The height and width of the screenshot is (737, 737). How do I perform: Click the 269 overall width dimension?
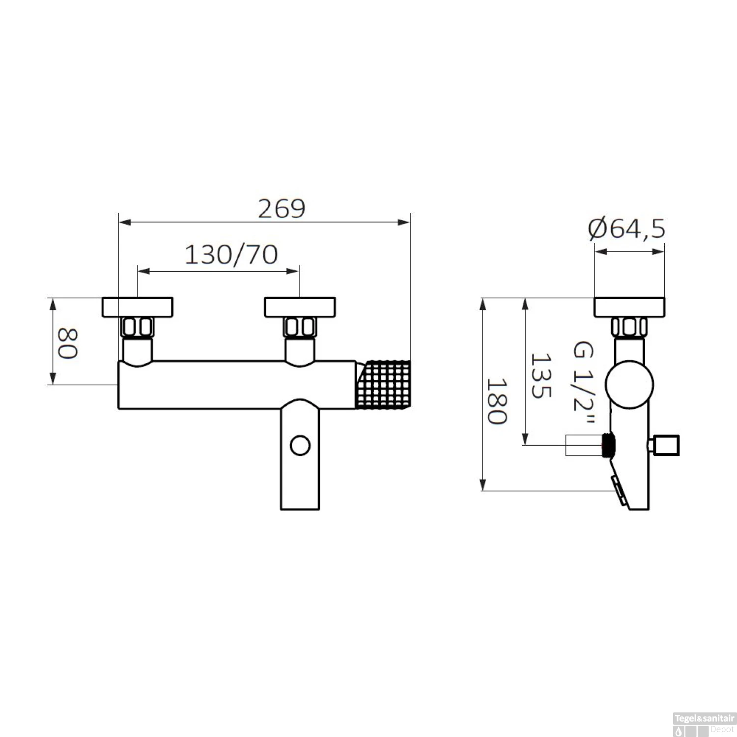pos(282,209)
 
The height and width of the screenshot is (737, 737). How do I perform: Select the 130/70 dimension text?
pos(231,255)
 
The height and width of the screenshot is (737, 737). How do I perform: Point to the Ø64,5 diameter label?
pos(627,229)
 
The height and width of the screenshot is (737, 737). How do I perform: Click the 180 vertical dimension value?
pos(496,401)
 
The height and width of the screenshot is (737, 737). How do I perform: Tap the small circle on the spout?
pos(300,446)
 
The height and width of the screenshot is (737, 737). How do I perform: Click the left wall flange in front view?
pos(138,307)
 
